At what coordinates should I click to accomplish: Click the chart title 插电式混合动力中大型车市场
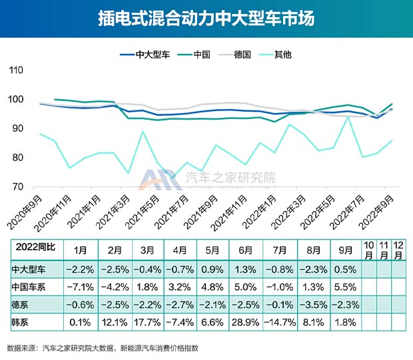coord(206,18)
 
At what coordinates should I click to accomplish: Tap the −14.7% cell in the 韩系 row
coord(280,323)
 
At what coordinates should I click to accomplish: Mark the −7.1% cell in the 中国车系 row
coord(80,288)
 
